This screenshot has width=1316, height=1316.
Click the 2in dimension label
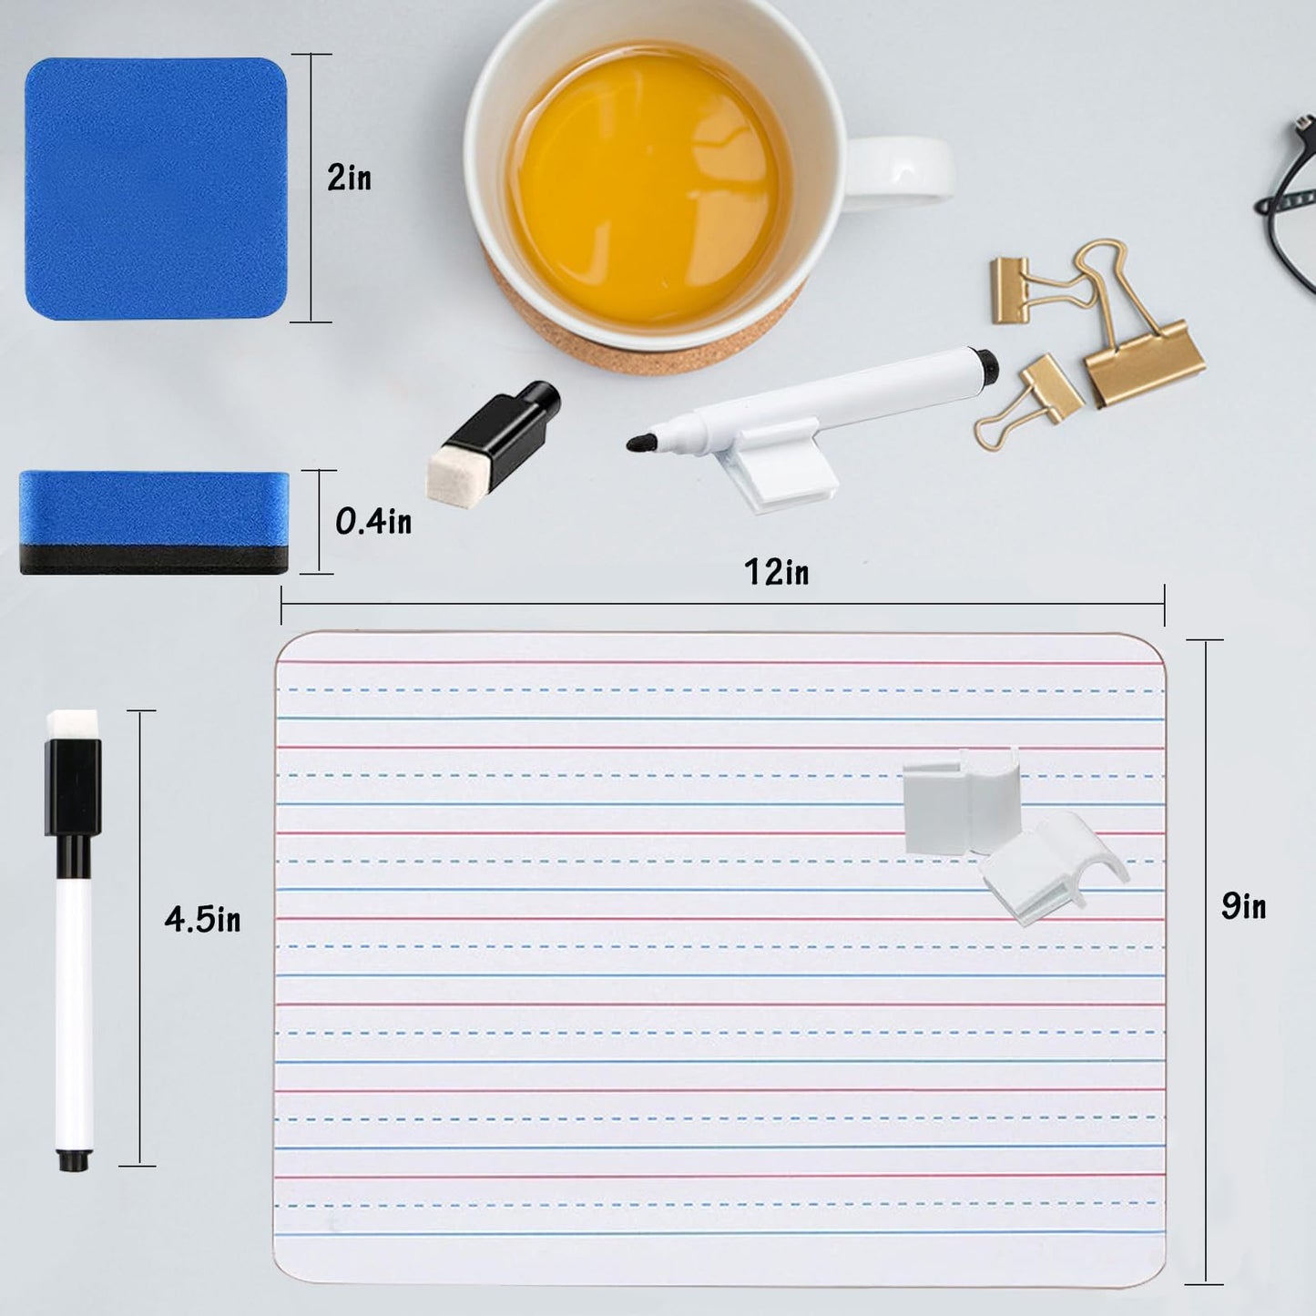coord(349,179)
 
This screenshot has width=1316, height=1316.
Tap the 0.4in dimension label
coord(373,522)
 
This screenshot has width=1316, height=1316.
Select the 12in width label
coord(777,572)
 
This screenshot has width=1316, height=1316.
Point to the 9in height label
coord(1244,906)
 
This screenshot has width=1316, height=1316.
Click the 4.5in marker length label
coord(203,919)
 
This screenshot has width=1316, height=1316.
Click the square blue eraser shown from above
coord(157,189)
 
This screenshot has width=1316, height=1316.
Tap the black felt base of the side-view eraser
coord(154,559)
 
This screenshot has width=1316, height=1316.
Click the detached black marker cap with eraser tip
coord(493,440)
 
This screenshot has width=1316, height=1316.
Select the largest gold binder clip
coord(1134,328)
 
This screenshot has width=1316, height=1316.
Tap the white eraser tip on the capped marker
coord(73,725)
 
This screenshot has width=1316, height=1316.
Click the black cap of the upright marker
coord(73,788)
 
